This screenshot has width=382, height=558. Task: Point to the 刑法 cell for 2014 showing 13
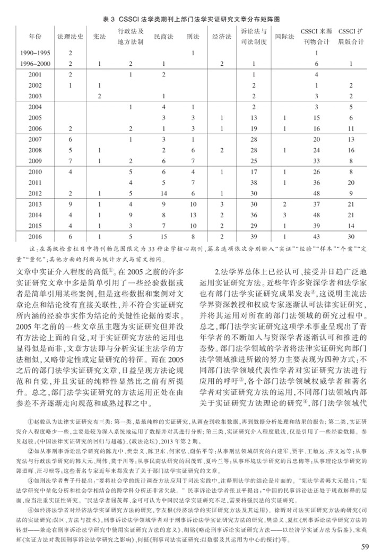click(193, 215)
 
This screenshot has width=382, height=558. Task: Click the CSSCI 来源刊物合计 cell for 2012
click(316, 193)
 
